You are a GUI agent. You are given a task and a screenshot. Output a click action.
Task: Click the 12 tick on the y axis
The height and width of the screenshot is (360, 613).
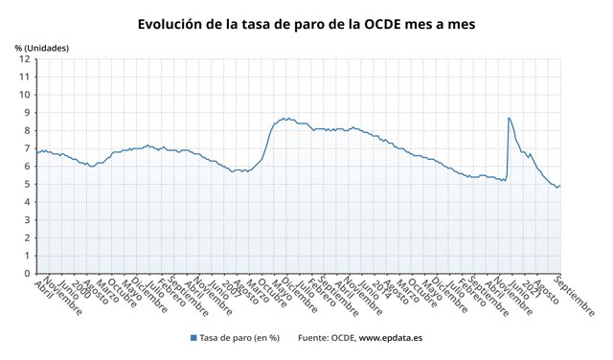pyautogui.click(x=23, y=59)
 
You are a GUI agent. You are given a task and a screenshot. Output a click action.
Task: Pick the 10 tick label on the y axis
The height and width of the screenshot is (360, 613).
pyautogui.click(x=23, y=95)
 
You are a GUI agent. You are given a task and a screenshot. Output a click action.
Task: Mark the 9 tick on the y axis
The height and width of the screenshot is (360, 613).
pyautogui.click(x=26, y=113)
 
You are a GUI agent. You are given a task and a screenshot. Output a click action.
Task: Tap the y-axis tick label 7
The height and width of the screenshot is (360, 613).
pyautogui.click(x=26, y=148)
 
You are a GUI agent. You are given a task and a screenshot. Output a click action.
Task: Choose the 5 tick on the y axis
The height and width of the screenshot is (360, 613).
pyautogui.click(x=26, y=184)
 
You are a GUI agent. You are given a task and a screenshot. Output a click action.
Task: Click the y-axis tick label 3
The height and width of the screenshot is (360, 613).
pyautogui.click(x=26, y=220)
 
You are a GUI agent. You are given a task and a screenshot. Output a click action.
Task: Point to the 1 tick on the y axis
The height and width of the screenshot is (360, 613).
pyautogui.click(x=26, y=256)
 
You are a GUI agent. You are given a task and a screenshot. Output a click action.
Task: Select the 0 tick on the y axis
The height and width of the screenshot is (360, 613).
pyautogui.click(x=26, y=274)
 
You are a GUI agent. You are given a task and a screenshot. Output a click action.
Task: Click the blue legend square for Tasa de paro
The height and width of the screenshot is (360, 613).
pyautogui.click(x=193, y=338)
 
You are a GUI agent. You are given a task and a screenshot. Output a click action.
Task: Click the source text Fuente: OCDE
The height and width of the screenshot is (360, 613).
pyautogui.click(x=327, y=338)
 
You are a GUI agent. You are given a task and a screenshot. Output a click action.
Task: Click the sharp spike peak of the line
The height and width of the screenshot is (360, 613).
pyautogui.click(x=508, y=118)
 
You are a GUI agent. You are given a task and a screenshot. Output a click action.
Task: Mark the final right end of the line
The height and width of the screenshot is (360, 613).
pyautogui.click(x=560, y=186)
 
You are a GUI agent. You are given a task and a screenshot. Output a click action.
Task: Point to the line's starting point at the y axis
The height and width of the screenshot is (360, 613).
pyautogui.click(x=35, y=152)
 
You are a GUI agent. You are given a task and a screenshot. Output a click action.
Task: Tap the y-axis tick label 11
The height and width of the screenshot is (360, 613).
pyautogui.click(x=23, y=77)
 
